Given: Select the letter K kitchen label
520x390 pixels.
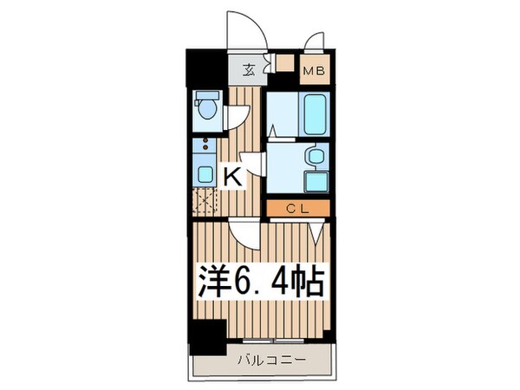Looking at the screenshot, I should [x=232, y=177].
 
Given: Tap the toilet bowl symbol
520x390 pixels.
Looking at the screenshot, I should [x=205, y=107].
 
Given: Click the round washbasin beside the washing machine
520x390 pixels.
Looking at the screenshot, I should [x=315, y=156].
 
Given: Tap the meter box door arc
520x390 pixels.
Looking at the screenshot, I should [x=315, y=42].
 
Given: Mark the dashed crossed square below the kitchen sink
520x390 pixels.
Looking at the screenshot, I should [x=205, y=204].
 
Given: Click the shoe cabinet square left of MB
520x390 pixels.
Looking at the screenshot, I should [x=283, y=63].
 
